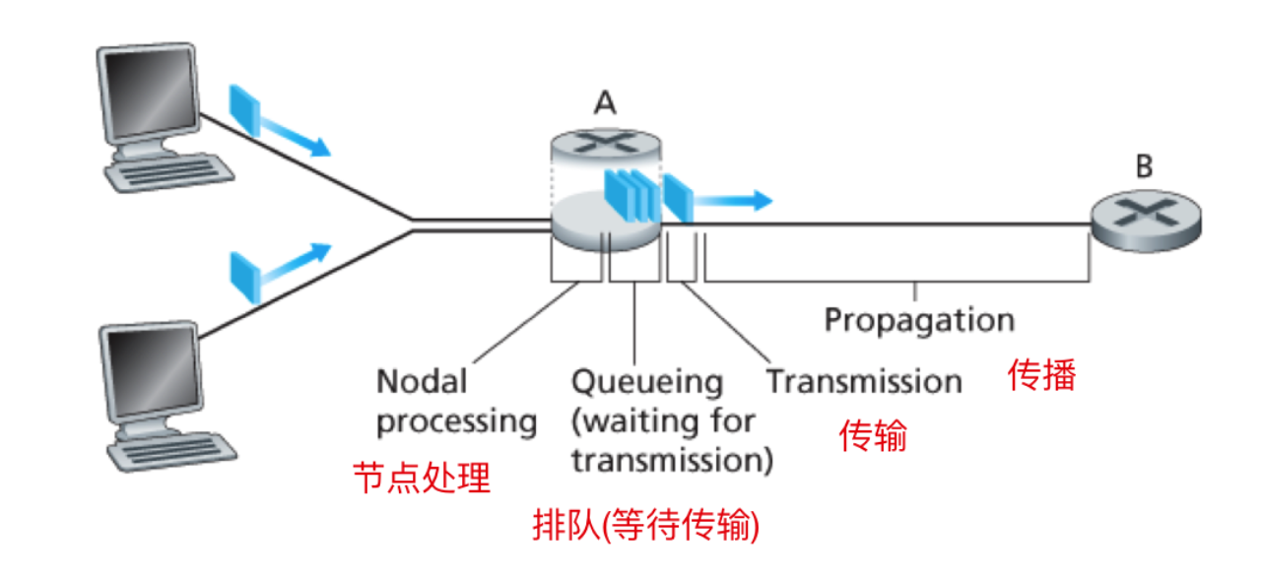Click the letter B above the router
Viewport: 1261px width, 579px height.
point(1143,165)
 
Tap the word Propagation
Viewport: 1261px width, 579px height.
point(918,321)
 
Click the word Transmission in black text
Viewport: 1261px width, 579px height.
point(864,381)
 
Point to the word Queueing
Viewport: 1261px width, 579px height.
point(647,381)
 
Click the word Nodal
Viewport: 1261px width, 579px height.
point(422,381)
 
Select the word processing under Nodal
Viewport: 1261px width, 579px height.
point(456,421)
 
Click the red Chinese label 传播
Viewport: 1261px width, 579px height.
point(1041,375)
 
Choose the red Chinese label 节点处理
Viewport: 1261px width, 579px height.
point(422,479)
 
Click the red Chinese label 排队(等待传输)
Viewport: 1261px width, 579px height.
point(646,526)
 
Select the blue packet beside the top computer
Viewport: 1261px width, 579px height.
point(243,110)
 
